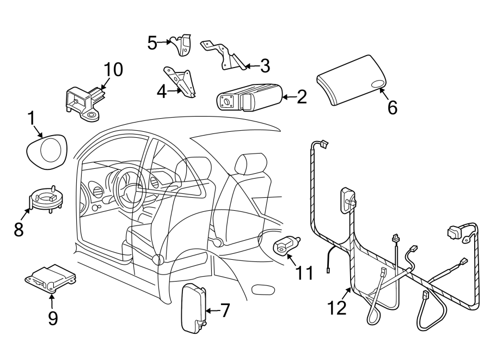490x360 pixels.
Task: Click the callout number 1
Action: point(32,118)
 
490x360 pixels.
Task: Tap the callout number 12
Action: point(338,308)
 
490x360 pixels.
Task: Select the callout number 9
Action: point(52,318)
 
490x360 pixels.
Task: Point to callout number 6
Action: point(392,107)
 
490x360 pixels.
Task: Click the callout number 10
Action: point(114,69)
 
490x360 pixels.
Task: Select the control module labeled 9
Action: point(51,277)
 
